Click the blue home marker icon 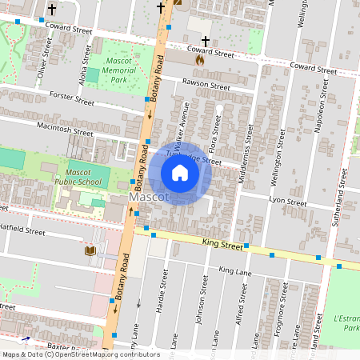tap(180, 173)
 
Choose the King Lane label tap(234, 272)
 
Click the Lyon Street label tap(288, 202)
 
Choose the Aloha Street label tap(82, 56)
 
